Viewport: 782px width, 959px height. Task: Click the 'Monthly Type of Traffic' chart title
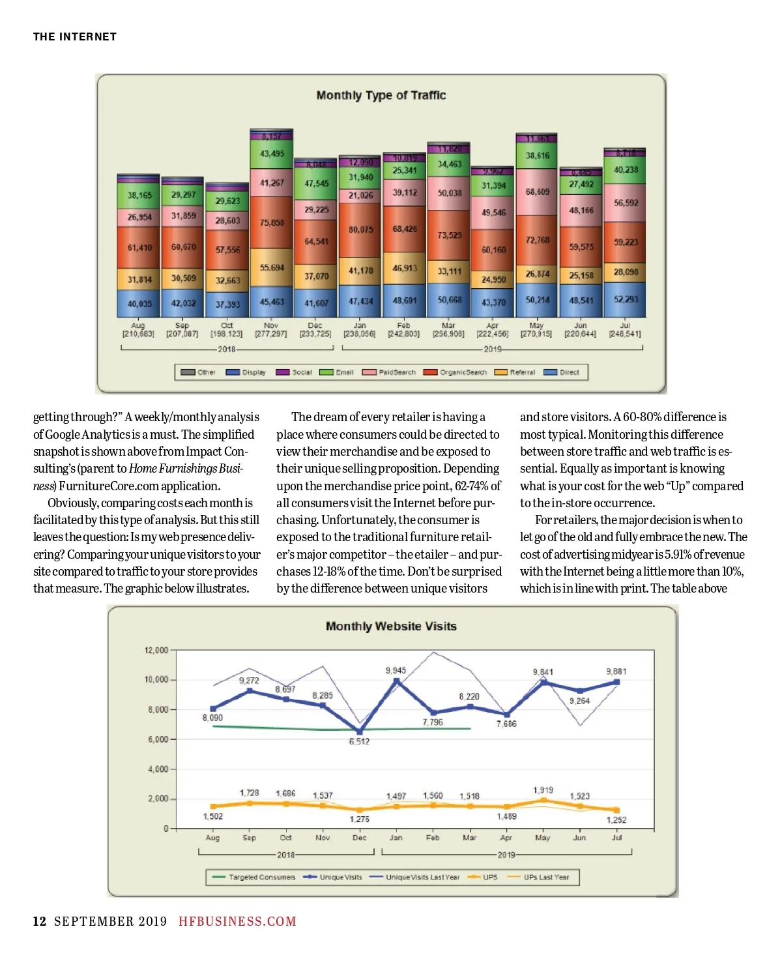click(381, 95)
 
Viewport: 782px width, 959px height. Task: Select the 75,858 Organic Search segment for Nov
click(272, 222)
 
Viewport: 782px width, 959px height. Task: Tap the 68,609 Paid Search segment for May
click(537, 192)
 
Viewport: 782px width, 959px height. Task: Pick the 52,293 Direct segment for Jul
click(626, 299)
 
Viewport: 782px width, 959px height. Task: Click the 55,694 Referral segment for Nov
click(272, 267)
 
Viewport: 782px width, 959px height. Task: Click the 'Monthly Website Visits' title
click(391, 626)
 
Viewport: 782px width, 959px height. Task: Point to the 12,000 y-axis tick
click(156, 650)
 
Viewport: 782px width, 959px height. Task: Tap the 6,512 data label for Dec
click(359, 741)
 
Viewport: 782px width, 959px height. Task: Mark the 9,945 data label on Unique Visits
click(396, 670)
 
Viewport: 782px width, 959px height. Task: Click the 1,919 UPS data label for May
click(543, 789)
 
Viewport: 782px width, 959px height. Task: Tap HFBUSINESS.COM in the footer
click(237, 921)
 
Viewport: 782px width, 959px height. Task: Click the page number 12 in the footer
click(40, 921)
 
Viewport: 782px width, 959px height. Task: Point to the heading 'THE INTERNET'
click(75, 37)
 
